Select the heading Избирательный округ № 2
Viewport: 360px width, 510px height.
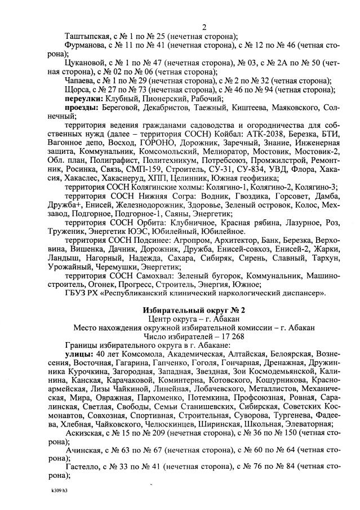[x=194, y=311]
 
